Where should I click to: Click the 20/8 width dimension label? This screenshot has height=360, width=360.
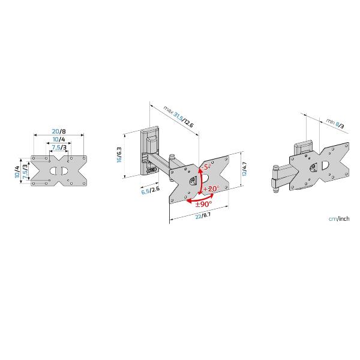click(x=59, y=131)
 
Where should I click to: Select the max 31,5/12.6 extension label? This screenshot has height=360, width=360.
click(x=179, y=116)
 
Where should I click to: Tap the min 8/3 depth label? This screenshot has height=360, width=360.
click(x=335, y=123)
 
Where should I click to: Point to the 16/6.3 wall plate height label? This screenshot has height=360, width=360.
click(x=119, y=155)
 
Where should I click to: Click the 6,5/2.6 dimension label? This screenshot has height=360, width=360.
click(x=150, y=190)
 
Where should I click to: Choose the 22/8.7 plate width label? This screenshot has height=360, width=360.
click(x=203, y=215)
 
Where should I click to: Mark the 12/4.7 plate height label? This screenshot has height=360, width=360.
click(x=244, y=169)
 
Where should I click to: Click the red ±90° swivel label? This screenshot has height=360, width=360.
click(x=203, y=204)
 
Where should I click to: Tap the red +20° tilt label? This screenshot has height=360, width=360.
click(x=211, y=189)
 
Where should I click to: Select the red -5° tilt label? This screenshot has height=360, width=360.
click(x=205, y=167)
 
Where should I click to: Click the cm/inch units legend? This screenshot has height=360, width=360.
click(x=339, y=218)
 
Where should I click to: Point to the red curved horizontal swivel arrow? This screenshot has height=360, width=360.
click(x=200, y=199)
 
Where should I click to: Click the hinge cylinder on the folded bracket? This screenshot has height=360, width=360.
click(x=275, y=179)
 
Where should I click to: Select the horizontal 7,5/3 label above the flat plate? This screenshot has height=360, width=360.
click(x=59, y=147)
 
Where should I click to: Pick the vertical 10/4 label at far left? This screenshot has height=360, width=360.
click(x=17, y=172)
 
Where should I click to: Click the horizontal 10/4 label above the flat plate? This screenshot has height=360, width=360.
click(x=59, y=139)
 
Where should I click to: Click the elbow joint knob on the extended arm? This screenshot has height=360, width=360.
click(x=172, y=157)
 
